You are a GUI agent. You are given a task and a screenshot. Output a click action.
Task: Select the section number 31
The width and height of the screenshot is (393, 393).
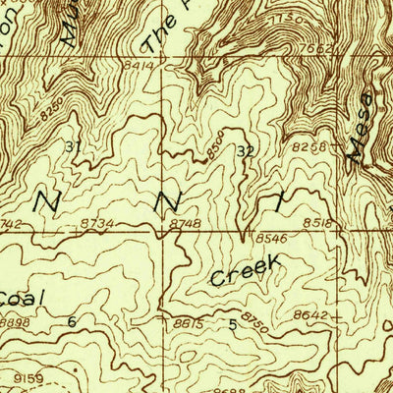coord(73,146)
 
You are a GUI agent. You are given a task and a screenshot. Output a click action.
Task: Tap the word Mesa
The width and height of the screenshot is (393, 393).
coord(360,125)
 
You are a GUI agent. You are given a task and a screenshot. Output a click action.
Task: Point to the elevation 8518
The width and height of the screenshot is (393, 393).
coord(318,224)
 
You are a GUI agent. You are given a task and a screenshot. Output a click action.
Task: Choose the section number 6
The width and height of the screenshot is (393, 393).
coord(72,321)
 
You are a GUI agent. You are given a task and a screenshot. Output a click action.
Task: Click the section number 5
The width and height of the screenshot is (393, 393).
coord(233,324)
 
